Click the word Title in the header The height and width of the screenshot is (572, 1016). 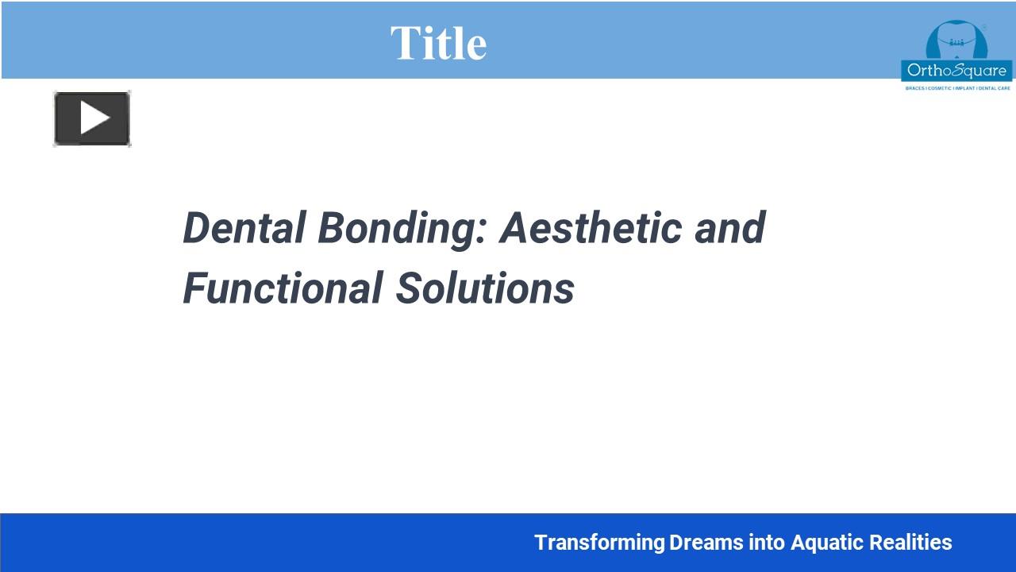click(x=438, y=43)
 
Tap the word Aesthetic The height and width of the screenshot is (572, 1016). click(x=591, y=228)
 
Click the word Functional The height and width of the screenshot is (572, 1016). click(x=283, y=288)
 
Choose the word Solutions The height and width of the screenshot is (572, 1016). click(x=485, y=288)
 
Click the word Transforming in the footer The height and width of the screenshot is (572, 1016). click(x=599, y=543)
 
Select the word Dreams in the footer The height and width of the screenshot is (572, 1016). click(x=706, y=543)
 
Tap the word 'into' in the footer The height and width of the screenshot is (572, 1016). click(x=768, y=543)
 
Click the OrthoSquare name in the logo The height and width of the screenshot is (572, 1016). click(x=956, y=71)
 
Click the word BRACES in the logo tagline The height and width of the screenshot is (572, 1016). click(x=914, y=88)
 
